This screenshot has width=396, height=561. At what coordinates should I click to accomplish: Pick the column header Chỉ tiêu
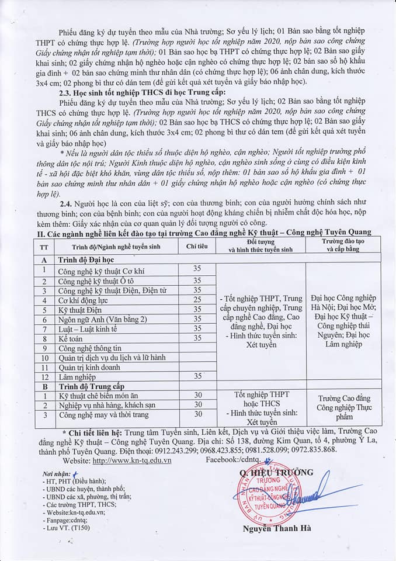click(197, 247)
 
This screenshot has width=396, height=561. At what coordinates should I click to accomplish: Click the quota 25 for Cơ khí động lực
click(197, 300)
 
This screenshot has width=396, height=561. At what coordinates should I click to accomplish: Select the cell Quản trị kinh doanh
click(89, 368)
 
